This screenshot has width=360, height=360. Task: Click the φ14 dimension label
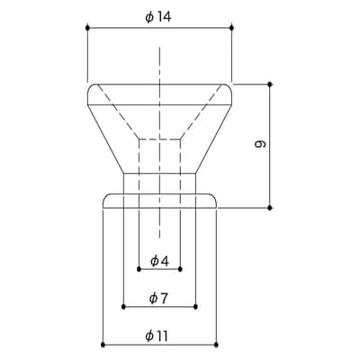pos(158,17)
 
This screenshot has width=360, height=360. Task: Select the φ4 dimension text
pos(159,261)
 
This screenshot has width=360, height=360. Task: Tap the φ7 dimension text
pos(159,298)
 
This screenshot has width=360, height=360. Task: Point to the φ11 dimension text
pos(157,336)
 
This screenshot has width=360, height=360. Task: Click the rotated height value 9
pos(260,144)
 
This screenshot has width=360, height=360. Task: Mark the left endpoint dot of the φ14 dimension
pos(87,28)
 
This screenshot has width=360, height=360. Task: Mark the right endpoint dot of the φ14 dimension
pos(231,28)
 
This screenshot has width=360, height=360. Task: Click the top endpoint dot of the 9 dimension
pos(270,85)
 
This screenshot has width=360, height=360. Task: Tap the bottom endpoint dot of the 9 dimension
pos(270,207)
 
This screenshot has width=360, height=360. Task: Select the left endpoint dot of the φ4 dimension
pos(139,269)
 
